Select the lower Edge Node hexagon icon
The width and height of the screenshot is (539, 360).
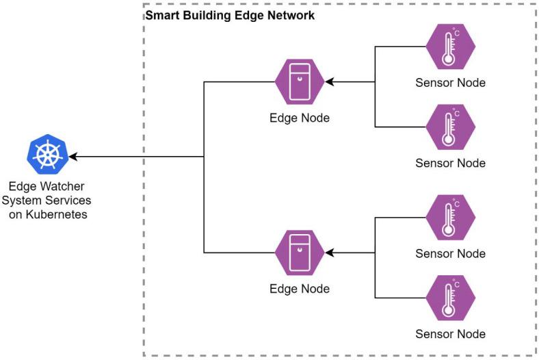click(300, 253)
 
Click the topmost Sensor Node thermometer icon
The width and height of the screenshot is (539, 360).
click(450, 47)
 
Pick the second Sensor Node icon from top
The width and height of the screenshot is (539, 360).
click(450, 127)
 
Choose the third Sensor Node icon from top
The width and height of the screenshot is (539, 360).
click(450, 218)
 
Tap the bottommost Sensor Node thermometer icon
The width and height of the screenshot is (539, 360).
click(450, 298)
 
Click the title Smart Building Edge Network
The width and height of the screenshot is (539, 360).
click(231, 15)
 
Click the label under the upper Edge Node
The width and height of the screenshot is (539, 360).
click(300, 118)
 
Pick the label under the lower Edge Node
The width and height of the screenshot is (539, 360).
click(300, 288)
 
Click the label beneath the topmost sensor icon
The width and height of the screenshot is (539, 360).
click(450, 83)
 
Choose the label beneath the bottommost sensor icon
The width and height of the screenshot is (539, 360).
click(450, 334)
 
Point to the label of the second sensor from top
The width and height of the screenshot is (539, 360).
click(450, 163)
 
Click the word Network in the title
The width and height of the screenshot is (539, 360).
click(293, 15)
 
